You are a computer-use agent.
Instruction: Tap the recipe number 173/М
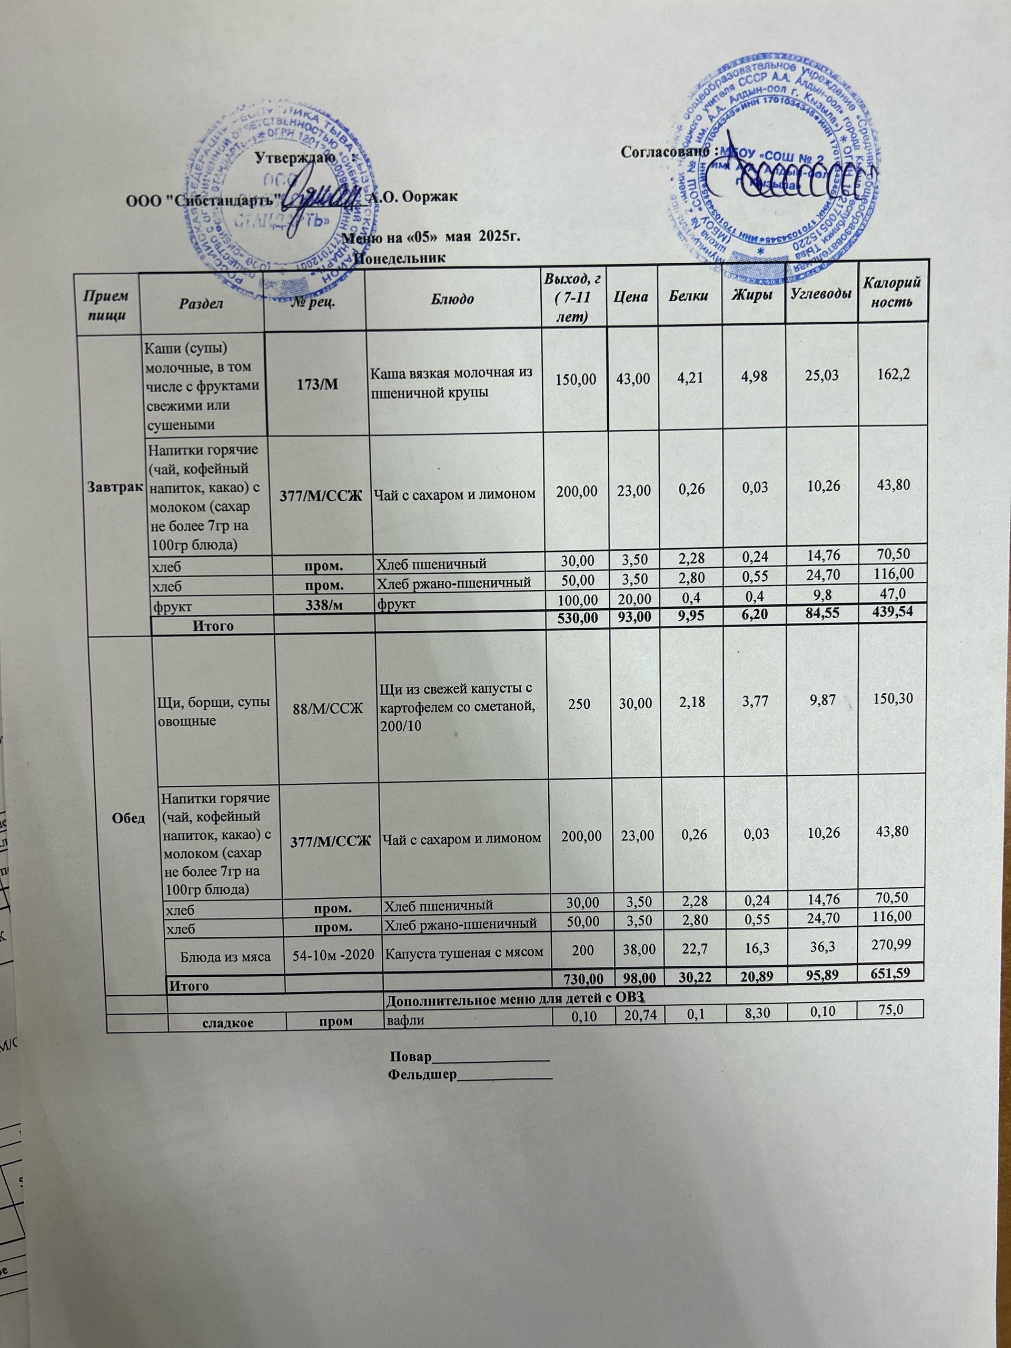pyautogui.click(x=314, y=384)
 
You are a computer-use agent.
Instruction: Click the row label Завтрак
pyautogui.click(x=116, y=487)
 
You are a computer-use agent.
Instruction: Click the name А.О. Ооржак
pyautogui.click(x=414, y=197)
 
